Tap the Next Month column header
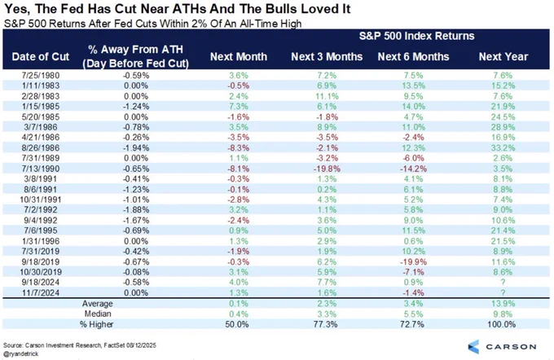point(231,57)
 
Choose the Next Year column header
point(503,57)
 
